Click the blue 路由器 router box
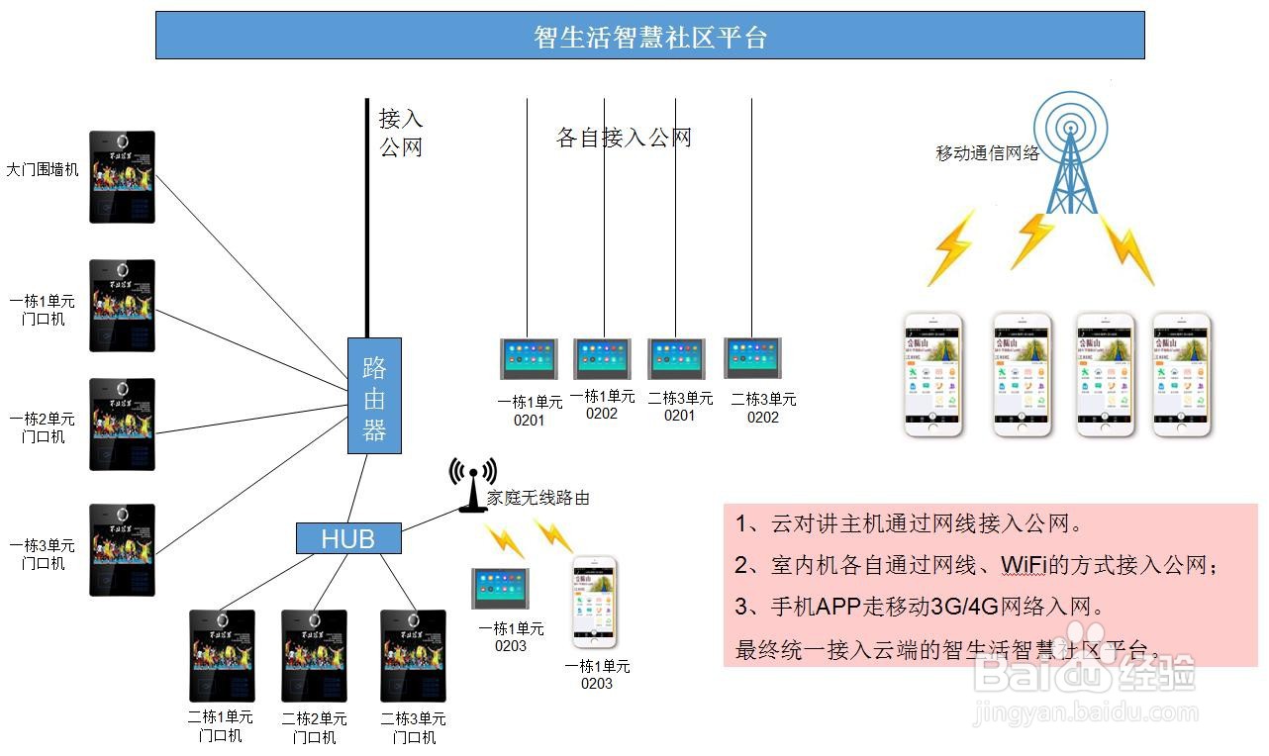[374, 396]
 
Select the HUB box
[348, 538]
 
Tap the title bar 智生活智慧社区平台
[649, 37]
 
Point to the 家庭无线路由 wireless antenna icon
[472, 484]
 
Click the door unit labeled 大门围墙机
[123, 177]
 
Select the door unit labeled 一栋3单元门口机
[123, 550]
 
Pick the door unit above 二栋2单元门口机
[314, 655]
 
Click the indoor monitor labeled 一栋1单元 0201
[529, 358]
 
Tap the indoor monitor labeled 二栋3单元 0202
[752, 357]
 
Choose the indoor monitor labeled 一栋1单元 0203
[500, 590]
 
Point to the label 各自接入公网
[624, 138]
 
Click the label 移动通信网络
[987, 153]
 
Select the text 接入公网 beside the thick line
[401, 133]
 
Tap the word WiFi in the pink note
[1023, 565]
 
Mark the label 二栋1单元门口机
[220, 726]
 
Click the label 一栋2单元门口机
[43, 428]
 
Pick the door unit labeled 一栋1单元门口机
[123, 306]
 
